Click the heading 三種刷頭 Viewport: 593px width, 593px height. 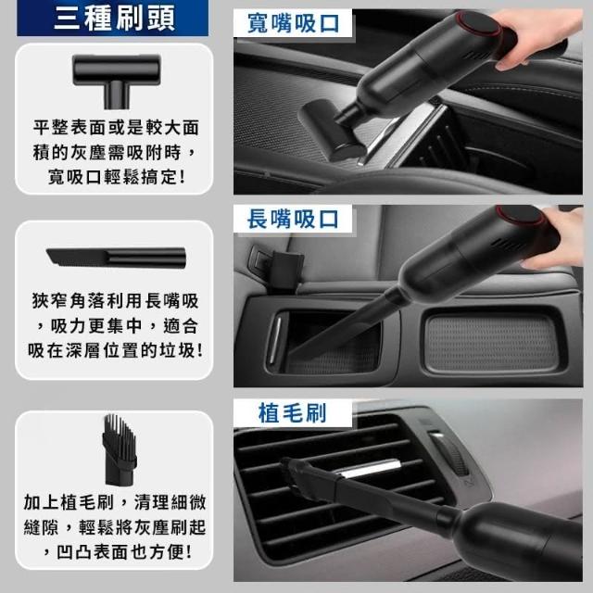point(114,19)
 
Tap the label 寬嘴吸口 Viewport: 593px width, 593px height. point(293,23)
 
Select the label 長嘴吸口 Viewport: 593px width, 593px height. point(293,219)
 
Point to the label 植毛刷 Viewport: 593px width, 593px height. point(292,412)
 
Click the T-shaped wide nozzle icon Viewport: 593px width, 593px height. point(117,80)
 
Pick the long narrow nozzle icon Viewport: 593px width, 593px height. point(117,258)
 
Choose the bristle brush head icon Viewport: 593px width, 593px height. point(119,449)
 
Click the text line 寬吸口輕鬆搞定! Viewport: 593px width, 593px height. point(117,177)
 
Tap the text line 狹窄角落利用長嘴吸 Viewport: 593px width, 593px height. point(115,301)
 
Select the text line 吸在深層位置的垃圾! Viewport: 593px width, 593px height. point(115,350)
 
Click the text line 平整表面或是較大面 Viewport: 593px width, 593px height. point(116,128)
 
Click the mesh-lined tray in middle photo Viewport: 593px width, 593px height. point(492,343)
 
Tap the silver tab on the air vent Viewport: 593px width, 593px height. point(368,468)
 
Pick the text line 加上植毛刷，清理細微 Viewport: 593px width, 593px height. point(115,502)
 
